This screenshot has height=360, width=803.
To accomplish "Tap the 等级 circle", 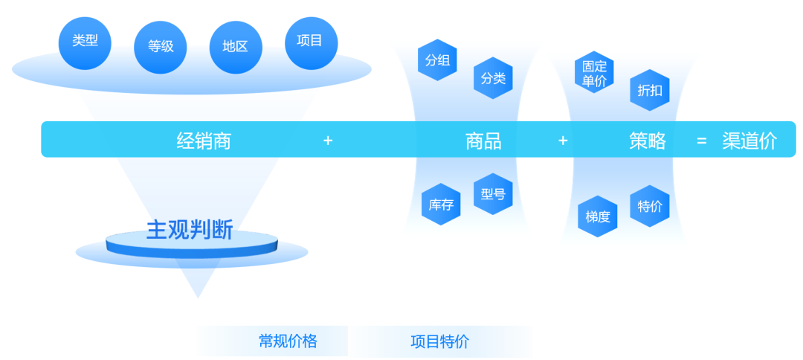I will (161, 47).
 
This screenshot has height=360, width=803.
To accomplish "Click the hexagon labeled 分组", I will (437, 60).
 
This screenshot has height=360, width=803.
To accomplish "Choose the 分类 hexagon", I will (493, 78).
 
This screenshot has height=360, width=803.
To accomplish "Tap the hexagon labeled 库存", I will (441, 205).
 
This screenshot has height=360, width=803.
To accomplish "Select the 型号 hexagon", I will (493, 194).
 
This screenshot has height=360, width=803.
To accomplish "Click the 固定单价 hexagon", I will (594, 73).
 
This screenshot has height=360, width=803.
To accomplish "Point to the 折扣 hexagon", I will (650, 91).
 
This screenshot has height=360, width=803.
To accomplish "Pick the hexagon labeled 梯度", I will (598, 216).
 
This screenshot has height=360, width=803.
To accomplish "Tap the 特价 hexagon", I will (650, 206).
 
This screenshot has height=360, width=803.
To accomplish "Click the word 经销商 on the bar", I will (204, 141).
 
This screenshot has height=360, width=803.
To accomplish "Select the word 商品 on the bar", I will (483, 141).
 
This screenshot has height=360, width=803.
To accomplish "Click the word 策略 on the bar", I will (648, 141).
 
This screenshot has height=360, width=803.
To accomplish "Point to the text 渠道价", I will (749, 141).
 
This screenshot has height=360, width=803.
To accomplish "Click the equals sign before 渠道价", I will (701, 141).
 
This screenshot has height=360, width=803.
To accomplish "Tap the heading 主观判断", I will (190, 230).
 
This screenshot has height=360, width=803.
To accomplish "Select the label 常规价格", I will (288, 341).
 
